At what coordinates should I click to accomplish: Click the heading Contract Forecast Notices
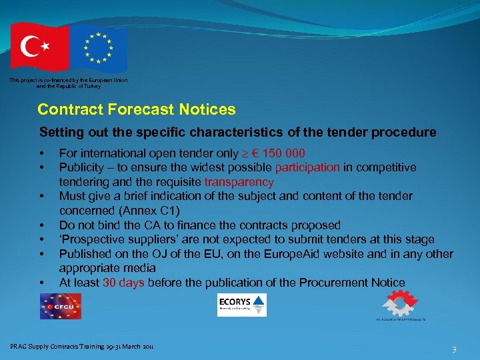pos(137,109)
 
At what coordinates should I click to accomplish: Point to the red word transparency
pos(239,182)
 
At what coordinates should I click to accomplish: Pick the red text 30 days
pos(123,283)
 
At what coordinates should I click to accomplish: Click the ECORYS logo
pos(241,305)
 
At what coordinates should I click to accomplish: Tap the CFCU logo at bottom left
pos(60,306)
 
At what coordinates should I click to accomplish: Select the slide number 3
pos(454,349)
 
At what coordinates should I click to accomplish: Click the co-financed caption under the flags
pos(69,83)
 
